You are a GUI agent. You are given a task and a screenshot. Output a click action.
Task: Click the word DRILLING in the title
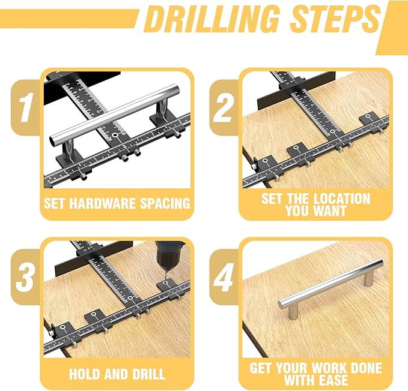(x=212, y=20)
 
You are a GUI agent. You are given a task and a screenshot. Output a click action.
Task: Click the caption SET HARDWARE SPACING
(x=117, y=203)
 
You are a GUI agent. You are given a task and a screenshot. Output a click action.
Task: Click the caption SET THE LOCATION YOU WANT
(x=315, y=204)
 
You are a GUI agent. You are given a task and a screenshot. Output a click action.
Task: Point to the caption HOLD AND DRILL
(x=117, y=374)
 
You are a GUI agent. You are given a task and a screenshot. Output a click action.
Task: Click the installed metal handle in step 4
(x=330, y=284)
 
